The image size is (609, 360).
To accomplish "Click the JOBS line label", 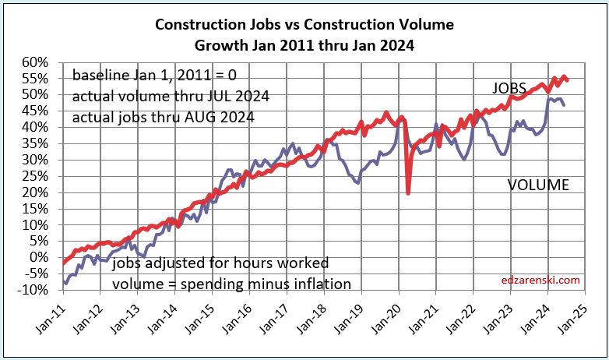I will click(x=509, y=87).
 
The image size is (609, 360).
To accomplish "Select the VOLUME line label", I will click(x=538, y=185).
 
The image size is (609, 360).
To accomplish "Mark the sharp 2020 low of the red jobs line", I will click(x=408, y=193).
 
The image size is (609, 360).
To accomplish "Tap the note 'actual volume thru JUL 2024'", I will click(x=163, y=97).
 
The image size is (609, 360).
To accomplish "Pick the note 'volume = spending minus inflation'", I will click(x=231, y=283).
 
